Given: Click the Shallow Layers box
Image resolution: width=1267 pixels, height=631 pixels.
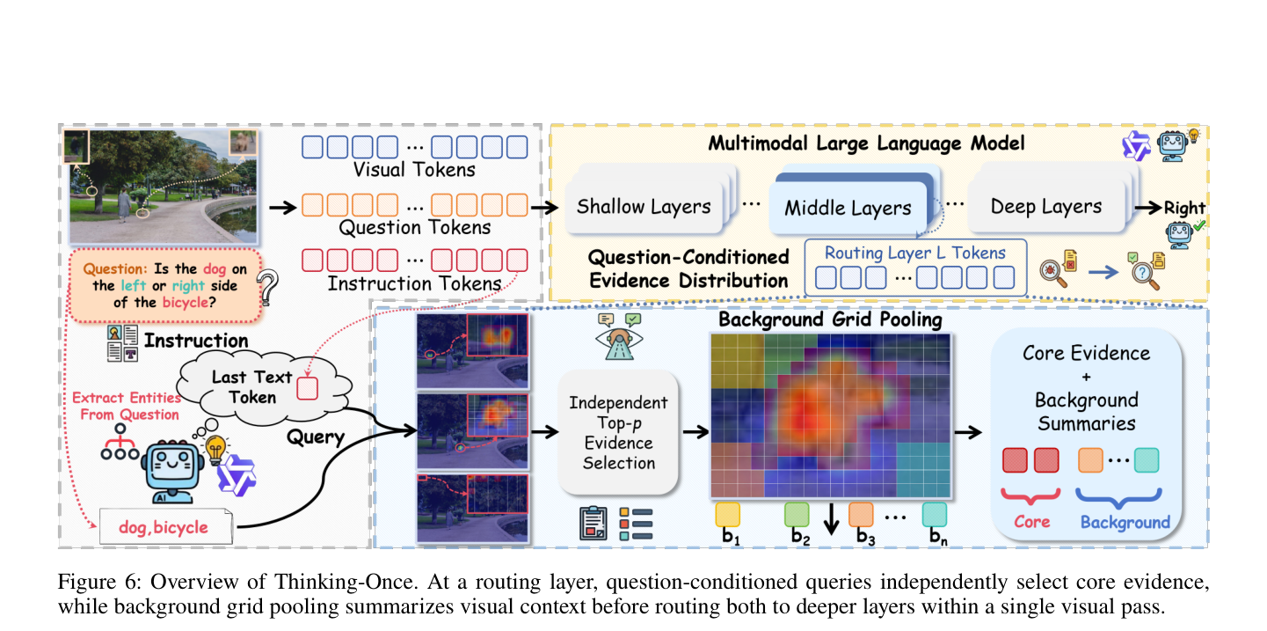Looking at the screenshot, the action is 644,207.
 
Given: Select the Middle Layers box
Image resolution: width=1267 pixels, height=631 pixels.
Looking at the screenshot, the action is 848,208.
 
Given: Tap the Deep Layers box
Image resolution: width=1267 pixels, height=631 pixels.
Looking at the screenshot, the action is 1045,207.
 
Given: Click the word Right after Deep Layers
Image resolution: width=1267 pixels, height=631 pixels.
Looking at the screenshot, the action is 1184,208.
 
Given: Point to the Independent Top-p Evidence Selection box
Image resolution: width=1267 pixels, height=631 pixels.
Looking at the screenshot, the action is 618,432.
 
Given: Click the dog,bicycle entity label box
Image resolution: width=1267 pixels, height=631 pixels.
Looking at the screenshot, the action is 165,526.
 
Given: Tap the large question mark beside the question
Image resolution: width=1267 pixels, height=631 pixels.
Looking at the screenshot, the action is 267,287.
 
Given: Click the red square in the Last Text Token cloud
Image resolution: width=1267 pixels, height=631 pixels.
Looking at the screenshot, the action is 307,388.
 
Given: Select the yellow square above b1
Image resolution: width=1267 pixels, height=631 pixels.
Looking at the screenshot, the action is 727,515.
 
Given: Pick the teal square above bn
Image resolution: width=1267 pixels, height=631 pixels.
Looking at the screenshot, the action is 935,515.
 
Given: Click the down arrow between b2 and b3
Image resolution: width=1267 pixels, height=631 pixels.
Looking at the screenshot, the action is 831,518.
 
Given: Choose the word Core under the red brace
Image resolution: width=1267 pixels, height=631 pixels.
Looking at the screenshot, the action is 1031,522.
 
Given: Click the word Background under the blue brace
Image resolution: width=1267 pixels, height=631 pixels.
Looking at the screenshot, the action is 1125,523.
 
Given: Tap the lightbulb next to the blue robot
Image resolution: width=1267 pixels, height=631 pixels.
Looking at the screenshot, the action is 215,450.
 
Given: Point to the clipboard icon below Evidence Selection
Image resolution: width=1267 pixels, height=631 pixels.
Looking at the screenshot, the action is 593,523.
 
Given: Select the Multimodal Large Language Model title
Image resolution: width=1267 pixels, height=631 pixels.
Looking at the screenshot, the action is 866,143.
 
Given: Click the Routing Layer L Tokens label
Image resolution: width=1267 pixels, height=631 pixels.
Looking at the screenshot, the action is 914,253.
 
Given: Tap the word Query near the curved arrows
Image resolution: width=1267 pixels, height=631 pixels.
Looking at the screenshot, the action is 316,437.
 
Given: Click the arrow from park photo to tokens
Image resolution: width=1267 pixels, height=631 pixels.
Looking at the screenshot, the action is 283,207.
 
